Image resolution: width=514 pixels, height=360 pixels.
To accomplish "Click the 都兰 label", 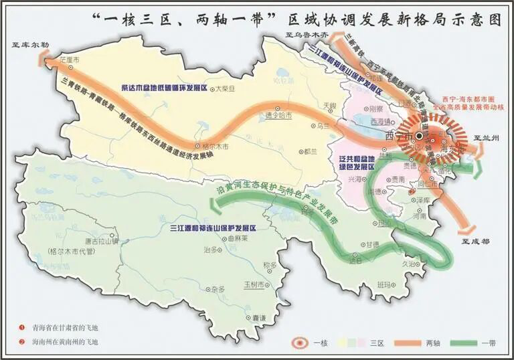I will (309, 152).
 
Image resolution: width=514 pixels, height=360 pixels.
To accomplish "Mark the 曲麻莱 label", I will (238, 238).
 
